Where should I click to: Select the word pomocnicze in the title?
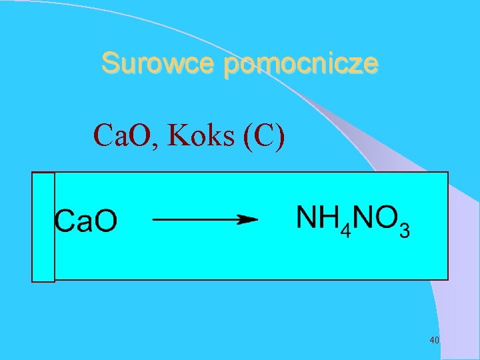click(x=301, y=65)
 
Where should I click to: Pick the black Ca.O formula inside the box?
click(x=85, y=221)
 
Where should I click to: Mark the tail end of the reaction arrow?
click(x=155, y=219)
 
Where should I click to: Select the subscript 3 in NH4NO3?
click(x=404, y=231)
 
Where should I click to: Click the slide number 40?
click(x=434, y=341)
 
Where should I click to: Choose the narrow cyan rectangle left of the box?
click(x=43, y=227)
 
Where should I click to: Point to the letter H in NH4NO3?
click(x=327, y=217)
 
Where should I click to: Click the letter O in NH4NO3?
click(x=386, y=217)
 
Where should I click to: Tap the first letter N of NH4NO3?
click(x=306, y=217)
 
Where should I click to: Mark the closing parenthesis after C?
click(x=279, y=136)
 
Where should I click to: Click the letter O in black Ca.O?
click(x=105, y=221)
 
